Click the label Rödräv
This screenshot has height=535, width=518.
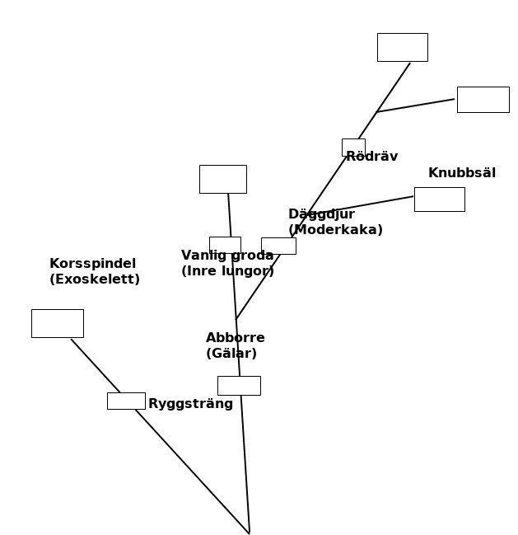372,157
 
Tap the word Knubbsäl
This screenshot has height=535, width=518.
461,173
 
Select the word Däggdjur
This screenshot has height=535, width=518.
321,214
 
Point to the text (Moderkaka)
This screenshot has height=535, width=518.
335,230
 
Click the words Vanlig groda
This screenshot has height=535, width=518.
227,256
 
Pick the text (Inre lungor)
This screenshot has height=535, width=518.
227,271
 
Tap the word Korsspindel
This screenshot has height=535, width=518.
92,264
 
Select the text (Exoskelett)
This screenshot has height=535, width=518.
95,279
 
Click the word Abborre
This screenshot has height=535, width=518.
235,338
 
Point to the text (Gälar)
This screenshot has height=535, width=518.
231,354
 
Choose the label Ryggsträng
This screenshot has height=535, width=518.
190,404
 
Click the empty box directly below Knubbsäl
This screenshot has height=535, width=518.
439,199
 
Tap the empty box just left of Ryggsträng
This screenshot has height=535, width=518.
126,401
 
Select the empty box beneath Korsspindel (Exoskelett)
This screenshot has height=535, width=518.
57,323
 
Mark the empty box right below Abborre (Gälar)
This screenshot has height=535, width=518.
239,385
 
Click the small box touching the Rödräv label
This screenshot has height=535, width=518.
352,146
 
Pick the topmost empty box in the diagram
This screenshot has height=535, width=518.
402,47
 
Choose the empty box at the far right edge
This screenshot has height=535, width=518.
483,99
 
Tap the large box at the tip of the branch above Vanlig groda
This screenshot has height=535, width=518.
222,179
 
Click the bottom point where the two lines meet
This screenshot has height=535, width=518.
249,533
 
